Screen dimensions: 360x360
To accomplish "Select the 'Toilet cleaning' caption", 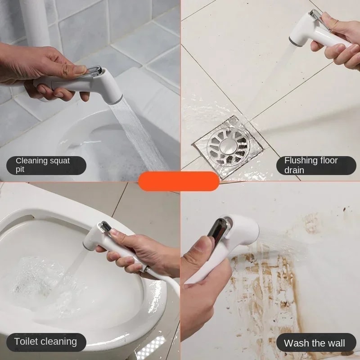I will (x=46, y=342).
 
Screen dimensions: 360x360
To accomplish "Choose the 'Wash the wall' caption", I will (x=315, y=343).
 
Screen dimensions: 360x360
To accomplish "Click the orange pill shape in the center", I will (x=179, y=181).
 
